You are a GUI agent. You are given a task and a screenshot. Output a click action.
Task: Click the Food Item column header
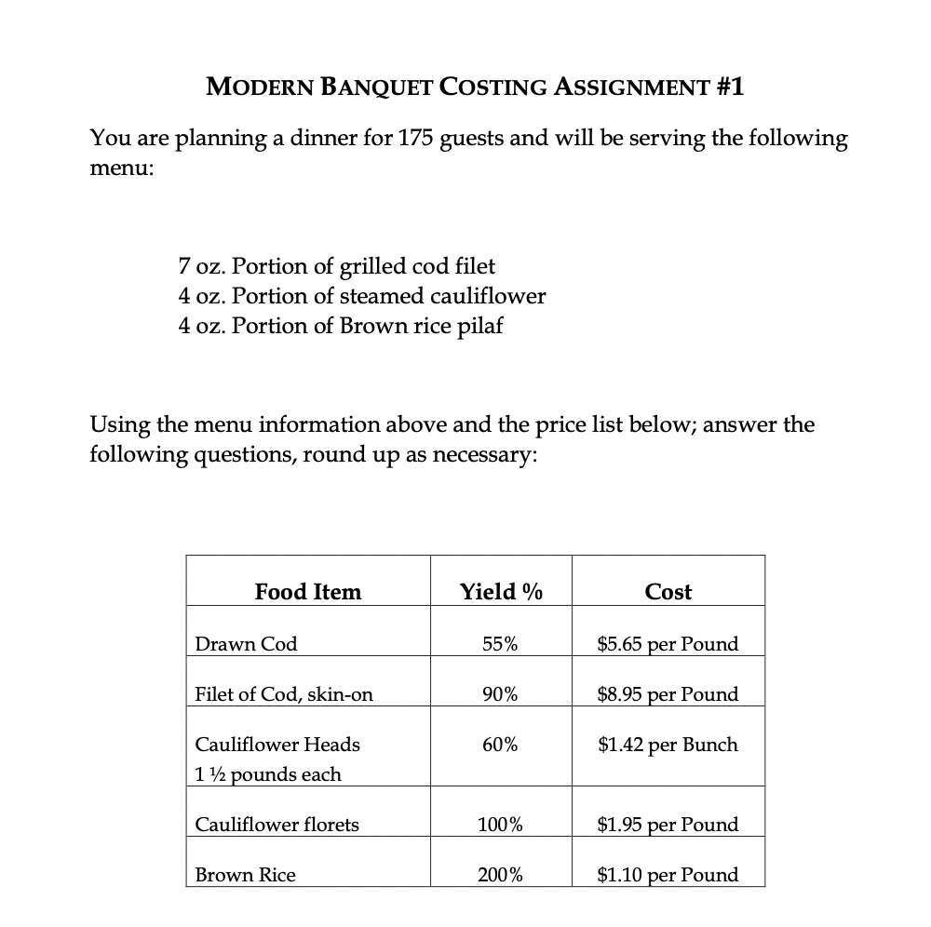[307, 592]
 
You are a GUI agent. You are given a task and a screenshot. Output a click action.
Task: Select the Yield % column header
[501, 592]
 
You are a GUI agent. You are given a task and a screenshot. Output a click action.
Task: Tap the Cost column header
[668, 592]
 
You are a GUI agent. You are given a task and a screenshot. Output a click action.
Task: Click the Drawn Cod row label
[246, 644]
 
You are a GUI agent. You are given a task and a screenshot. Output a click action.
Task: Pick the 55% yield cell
[501, 644]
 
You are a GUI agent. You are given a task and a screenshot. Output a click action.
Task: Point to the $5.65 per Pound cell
[668, 644]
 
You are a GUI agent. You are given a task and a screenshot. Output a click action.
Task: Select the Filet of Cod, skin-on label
[284, 694]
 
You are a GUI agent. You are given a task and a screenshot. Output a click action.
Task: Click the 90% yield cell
[501, 694]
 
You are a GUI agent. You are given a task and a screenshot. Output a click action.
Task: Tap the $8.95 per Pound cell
[668, 694]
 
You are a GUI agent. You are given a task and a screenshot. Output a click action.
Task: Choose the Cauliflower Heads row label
[277, 745]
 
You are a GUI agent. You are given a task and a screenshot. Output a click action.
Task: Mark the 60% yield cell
[501, 745]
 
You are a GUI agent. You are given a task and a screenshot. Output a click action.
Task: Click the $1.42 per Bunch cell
[668, 745]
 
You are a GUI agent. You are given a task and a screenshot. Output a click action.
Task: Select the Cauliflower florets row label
[277, 825]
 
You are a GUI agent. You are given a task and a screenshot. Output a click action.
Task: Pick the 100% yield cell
[501, 825]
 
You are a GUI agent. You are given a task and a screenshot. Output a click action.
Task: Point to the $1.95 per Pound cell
[668, 825]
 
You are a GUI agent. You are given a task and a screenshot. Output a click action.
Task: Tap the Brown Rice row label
[245, 875]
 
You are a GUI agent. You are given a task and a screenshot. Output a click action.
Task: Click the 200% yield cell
[501, 875]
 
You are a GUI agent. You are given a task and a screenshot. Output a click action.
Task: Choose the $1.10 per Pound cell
[668, 875]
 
